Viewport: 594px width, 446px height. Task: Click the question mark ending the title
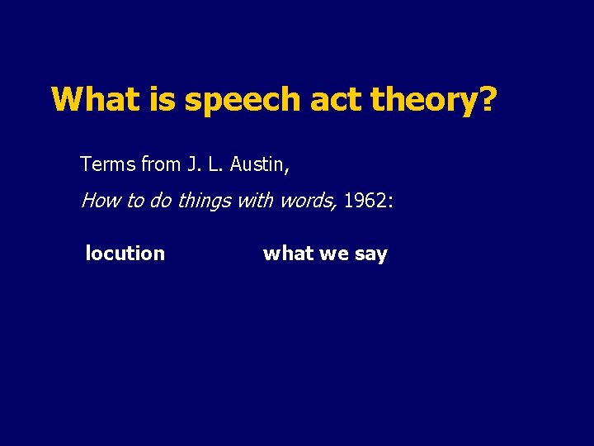pyautogui.click(x=488, y=100)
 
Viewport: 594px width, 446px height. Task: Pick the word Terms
pyautogui.click(x=108, y=164)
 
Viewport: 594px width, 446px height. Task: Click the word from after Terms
pyautogui.click(x=161, y=164)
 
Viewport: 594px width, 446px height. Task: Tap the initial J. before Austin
pyautogui.click(x=194, y=164)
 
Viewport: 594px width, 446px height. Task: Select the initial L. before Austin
pyautogui.click(x=215, y=164)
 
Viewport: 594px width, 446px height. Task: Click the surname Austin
pyautogui.click(x=258, y=164)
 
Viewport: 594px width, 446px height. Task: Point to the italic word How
pyautogui.click(x=99, y=202)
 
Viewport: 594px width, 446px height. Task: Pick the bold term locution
pyautogui.click(x=125, y=254)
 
